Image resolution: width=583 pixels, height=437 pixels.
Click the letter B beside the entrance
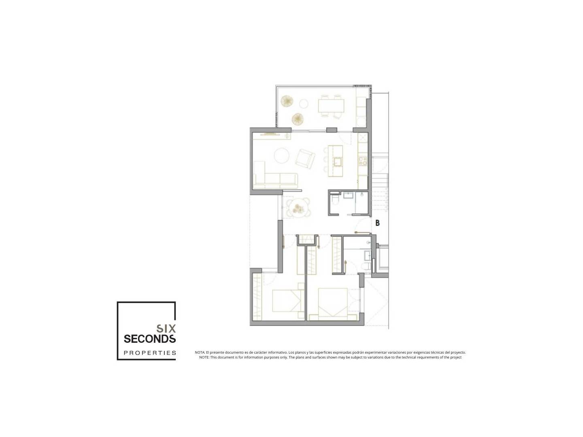(x=377, y=223)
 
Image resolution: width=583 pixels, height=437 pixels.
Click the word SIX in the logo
(x=166, y=329)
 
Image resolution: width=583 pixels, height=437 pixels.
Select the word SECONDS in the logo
(x=150, y=339)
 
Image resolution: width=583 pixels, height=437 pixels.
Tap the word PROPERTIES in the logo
(x=150, y=353)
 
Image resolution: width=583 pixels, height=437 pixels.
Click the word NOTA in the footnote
(x=200, y=352)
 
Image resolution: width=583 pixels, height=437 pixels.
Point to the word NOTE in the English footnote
(x=204, y=357)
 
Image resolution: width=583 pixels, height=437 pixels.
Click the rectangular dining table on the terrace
(x=331, y=106)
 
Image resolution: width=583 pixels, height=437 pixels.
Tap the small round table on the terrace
(x=304, y=104)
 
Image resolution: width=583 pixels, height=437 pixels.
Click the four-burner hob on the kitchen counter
(x=363, y=160)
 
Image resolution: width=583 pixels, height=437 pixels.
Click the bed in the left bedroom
(x=288, y=301)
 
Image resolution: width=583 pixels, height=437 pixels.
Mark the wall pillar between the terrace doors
(x=332, y=130)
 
